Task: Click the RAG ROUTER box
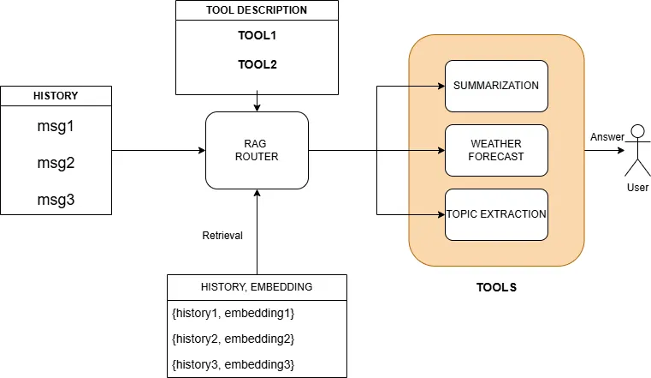point(257,151)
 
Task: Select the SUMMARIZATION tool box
point(495,86)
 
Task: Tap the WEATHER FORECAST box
point(495,150)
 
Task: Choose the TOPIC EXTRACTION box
point(495,213)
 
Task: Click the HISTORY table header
point(56,96)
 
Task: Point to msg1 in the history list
point(56,126)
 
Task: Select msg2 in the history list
point(56,162)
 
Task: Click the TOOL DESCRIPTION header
point(257,11)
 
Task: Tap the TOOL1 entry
point(257,38)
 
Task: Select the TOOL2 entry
point(257,64)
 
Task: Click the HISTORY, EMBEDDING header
point(257,286)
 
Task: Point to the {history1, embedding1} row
point(233,313)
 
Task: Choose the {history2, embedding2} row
point(233,339)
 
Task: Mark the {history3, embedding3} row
point(233,364)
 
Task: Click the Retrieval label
point(222,235)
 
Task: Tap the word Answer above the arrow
point(607,137)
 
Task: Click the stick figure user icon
point(636,154)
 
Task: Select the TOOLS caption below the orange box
point(495,288)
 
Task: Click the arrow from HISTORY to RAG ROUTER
point(158,151)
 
